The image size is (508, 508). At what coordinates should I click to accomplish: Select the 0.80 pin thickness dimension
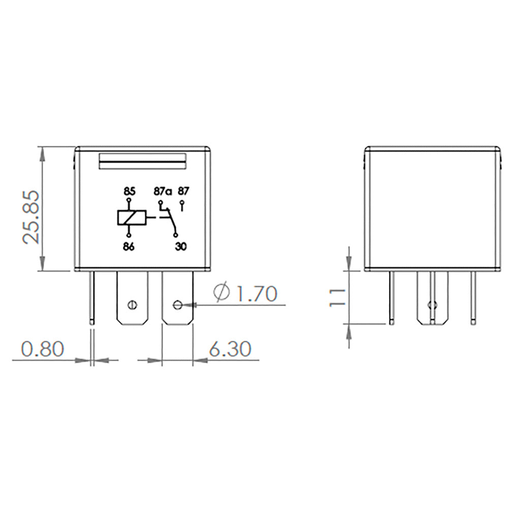[x=43, y=349]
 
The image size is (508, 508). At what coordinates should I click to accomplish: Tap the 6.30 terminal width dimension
[x=229, y=349]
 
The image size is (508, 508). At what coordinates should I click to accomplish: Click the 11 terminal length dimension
[x=337, y=297]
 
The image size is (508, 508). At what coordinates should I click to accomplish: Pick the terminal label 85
[x=129, y=192]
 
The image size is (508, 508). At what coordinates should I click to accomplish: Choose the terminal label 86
[x=129, y=246]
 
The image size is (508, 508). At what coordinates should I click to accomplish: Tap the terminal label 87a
[x=163, y=192]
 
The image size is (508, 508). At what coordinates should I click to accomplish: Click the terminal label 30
[x=180, y=246]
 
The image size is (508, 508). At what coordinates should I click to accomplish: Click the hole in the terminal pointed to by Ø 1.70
[x=177, y=305]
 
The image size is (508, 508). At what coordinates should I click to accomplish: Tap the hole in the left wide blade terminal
[x=132, y=305]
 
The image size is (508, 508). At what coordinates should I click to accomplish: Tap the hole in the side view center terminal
[x=432, y=305]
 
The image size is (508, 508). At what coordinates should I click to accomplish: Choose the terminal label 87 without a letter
[x=183, y=192]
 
